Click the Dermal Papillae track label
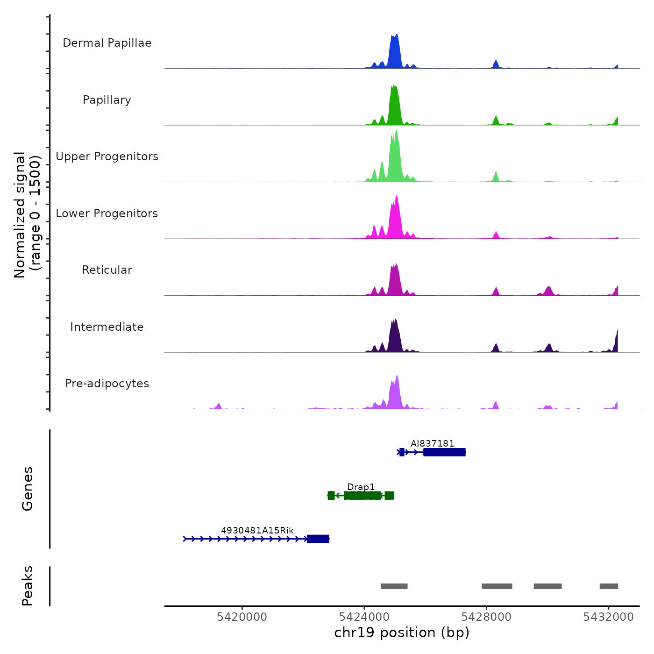click(x=107, y=43)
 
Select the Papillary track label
click(x=107, y=100)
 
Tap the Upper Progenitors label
click(x=107, y=156)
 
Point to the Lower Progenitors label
click(x=107, y=213)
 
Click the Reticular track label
click(x=107, y=270)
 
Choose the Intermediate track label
click(x=107, y=327)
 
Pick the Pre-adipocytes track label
click(x=107, y=384)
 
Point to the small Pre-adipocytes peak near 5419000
click(x=218, y=406)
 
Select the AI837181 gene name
click(x=432, y=443)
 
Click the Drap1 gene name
click(x=361, y=487)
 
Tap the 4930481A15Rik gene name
click(x=257, y=530)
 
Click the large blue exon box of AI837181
click(x=444, y=452)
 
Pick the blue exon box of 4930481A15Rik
click(x=318, y=539)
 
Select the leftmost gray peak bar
click(x=394, y=586)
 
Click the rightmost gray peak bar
click(x=609, y=586)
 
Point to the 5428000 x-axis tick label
click(x=486, y=617)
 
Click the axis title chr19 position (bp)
click(x=402, y=633)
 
